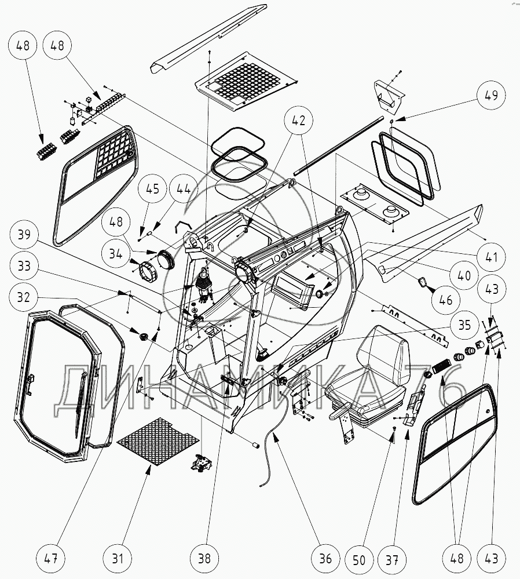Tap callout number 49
492,96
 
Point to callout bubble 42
299,121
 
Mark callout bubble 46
445,300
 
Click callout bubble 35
464,325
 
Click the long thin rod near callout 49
339,145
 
